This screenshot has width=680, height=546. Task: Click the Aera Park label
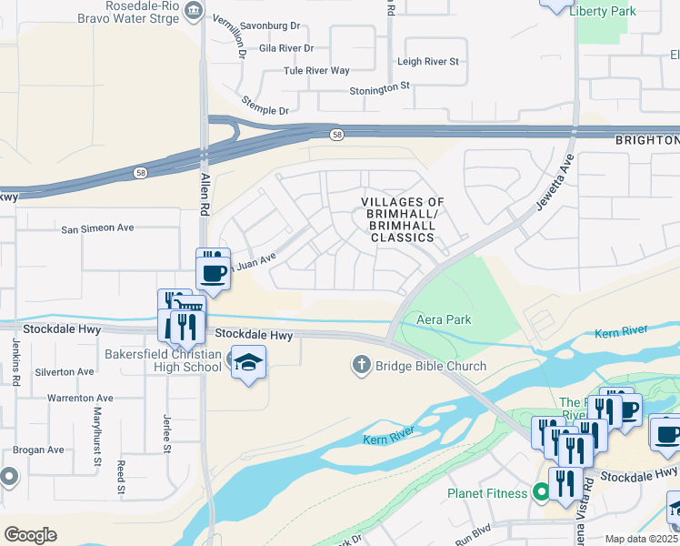coord(444,319)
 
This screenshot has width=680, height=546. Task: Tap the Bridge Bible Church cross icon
coord(360,366)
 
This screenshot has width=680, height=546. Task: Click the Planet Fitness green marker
coord(542,493)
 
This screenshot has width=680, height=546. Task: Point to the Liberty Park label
coord(602,11)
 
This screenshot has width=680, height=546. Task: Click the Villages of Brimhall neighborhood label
coord(403,219)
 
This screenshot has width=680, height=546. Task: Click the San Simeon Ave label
coord(97,228)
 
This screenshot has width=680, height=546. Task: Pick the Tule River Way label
coord(316,70)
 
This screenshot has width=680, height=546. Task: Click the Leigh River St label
coord(429,62)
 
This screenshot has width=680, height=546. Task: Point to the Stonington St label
coord(381,90)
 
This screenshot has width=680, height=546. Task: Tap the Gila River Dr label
coord(286,47)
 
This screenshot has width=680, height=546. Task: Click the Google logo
coord(30,535)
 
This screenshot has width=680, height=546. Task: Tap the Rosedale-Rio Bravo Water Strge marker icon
coord(193,11)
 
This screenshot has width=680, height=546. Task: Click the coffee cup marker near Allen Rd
coord(214,272)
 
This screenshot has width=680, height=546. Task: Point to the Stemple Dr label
coord(265,105)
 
